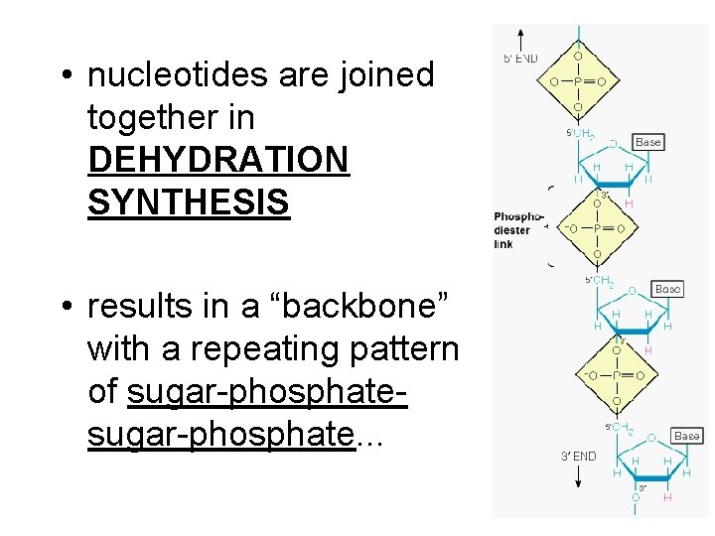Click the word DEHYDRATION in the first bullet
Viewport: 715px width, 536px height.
point(218,160)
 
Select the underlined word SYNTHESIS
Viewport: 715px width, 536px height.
point(189,201)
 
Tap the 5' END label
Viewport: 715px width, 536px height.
point(521,59)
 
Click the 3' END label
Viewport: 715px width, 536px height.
point(578,457)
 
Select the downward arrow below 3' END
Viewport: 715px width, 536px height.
point(578,475)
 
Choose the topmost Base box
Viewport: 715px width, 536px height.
point(647,142)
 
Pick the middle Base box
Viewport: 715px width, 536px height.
point(667,289)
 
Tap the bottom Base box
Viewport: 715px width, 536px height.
point(686,436)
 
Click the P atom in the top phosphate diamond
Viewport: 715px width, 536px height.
point(579,81)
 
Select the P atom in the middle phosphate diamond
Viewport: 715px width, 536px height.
point(596,228)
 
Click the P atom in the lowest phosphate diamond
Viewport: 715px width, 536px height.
point(616,376)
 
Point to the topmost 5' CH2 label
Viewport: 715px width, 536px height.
point(581,134)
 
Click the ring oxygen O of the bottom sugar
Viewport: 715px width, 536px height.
point(651,437)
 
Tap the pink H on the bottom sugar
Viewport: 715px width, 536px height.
point(666,497)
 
